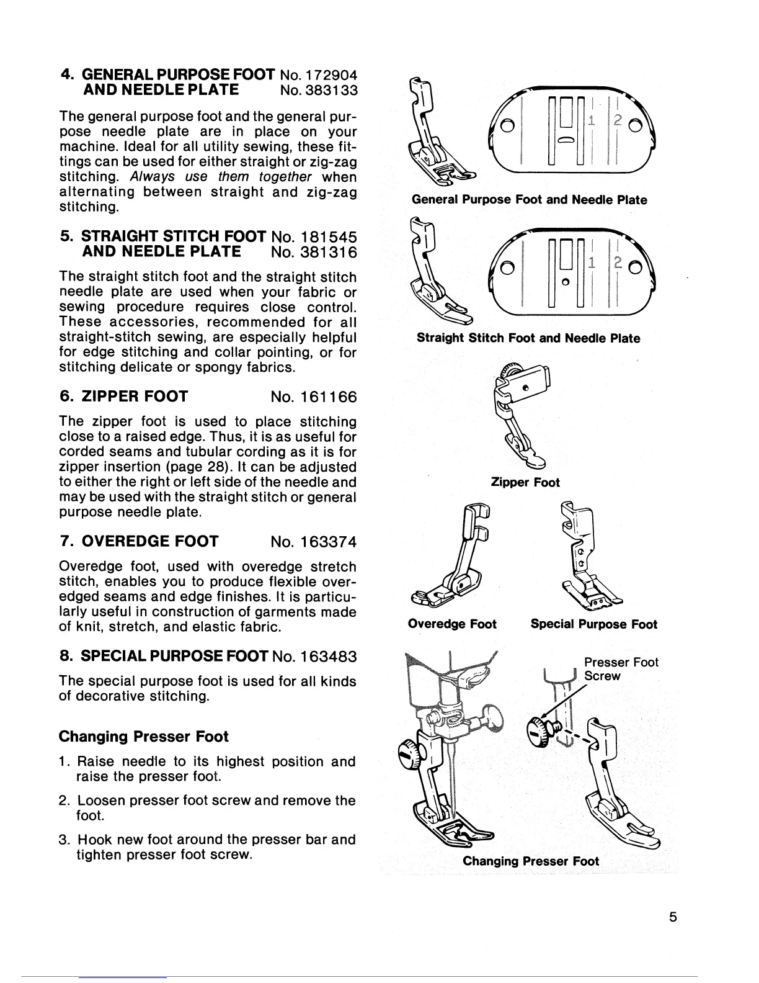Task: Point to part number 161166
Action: (x=324, y=397)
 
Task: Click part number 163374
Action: (x=324, y=542)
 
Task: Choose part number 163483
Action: (x=324, y=656)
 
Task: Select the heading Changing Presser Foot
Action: (x=143, y=737)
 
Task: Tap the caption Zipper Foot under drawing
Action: (x=525, y=482)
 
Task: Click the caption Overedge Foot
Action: (x=452, y=624)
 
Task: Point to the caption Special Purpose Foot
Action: (x=593, y=624)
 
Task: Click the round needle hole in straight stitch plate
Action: (x=565, y=283)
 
